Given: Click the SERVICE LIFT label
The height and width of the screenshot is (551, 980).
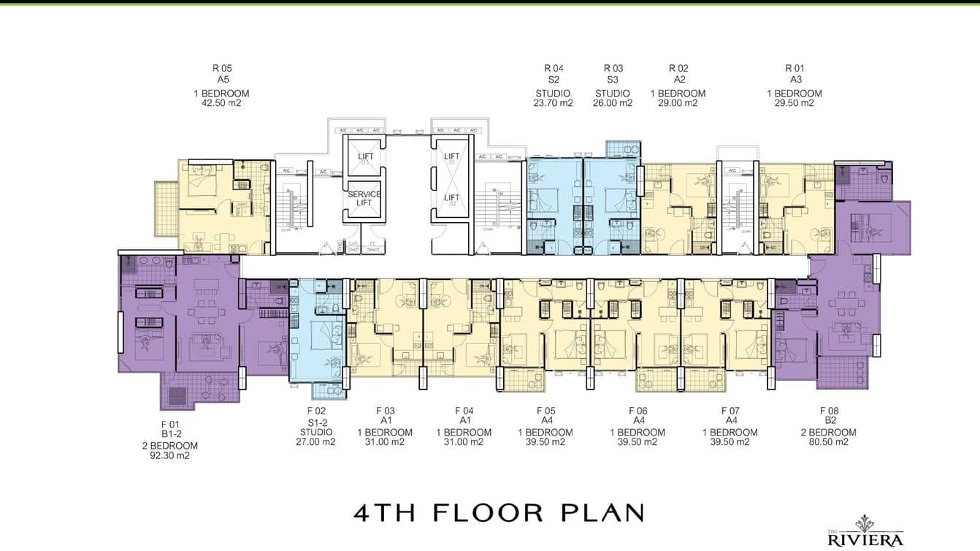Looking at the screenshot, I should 364,198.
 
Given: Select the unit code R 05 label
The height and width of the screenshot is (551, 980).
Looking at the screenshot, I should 221,69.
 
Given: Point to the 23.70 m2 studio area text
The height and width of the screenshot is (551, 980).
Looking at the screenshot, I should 553,103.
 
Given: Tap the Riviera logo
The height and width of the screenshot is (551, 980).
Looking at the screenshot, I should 865,533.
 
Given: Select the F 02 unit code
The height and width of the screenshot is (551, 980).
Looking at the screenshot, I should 316,411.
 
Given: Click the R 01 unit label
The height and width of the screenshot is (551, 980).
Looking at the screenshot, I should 794,69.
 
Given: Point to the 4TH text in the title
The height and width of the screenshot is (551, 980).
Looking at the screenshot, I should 384,512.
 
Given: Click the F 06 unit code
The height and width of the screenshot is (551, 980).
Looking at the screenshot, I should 638,411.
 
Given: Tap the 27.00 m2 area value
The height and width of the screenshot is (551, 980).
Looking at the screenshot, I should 316,441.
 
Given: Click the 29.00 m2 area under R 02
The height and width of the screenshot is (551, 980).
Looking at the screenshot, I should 678,103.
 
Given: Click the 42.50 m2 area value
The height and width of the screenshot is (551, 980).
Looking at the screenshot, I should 221,103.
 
